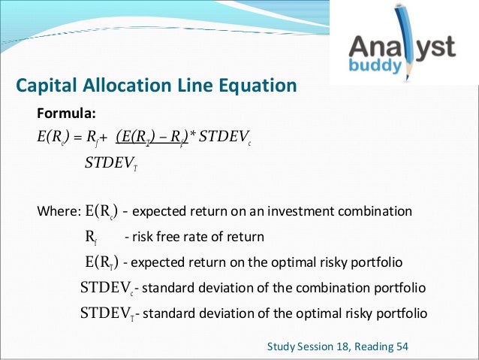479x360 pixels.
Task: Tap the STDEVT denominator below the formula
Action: [110, 164]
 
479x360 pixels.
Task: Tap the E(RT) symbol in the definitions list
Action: [101, 263]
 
